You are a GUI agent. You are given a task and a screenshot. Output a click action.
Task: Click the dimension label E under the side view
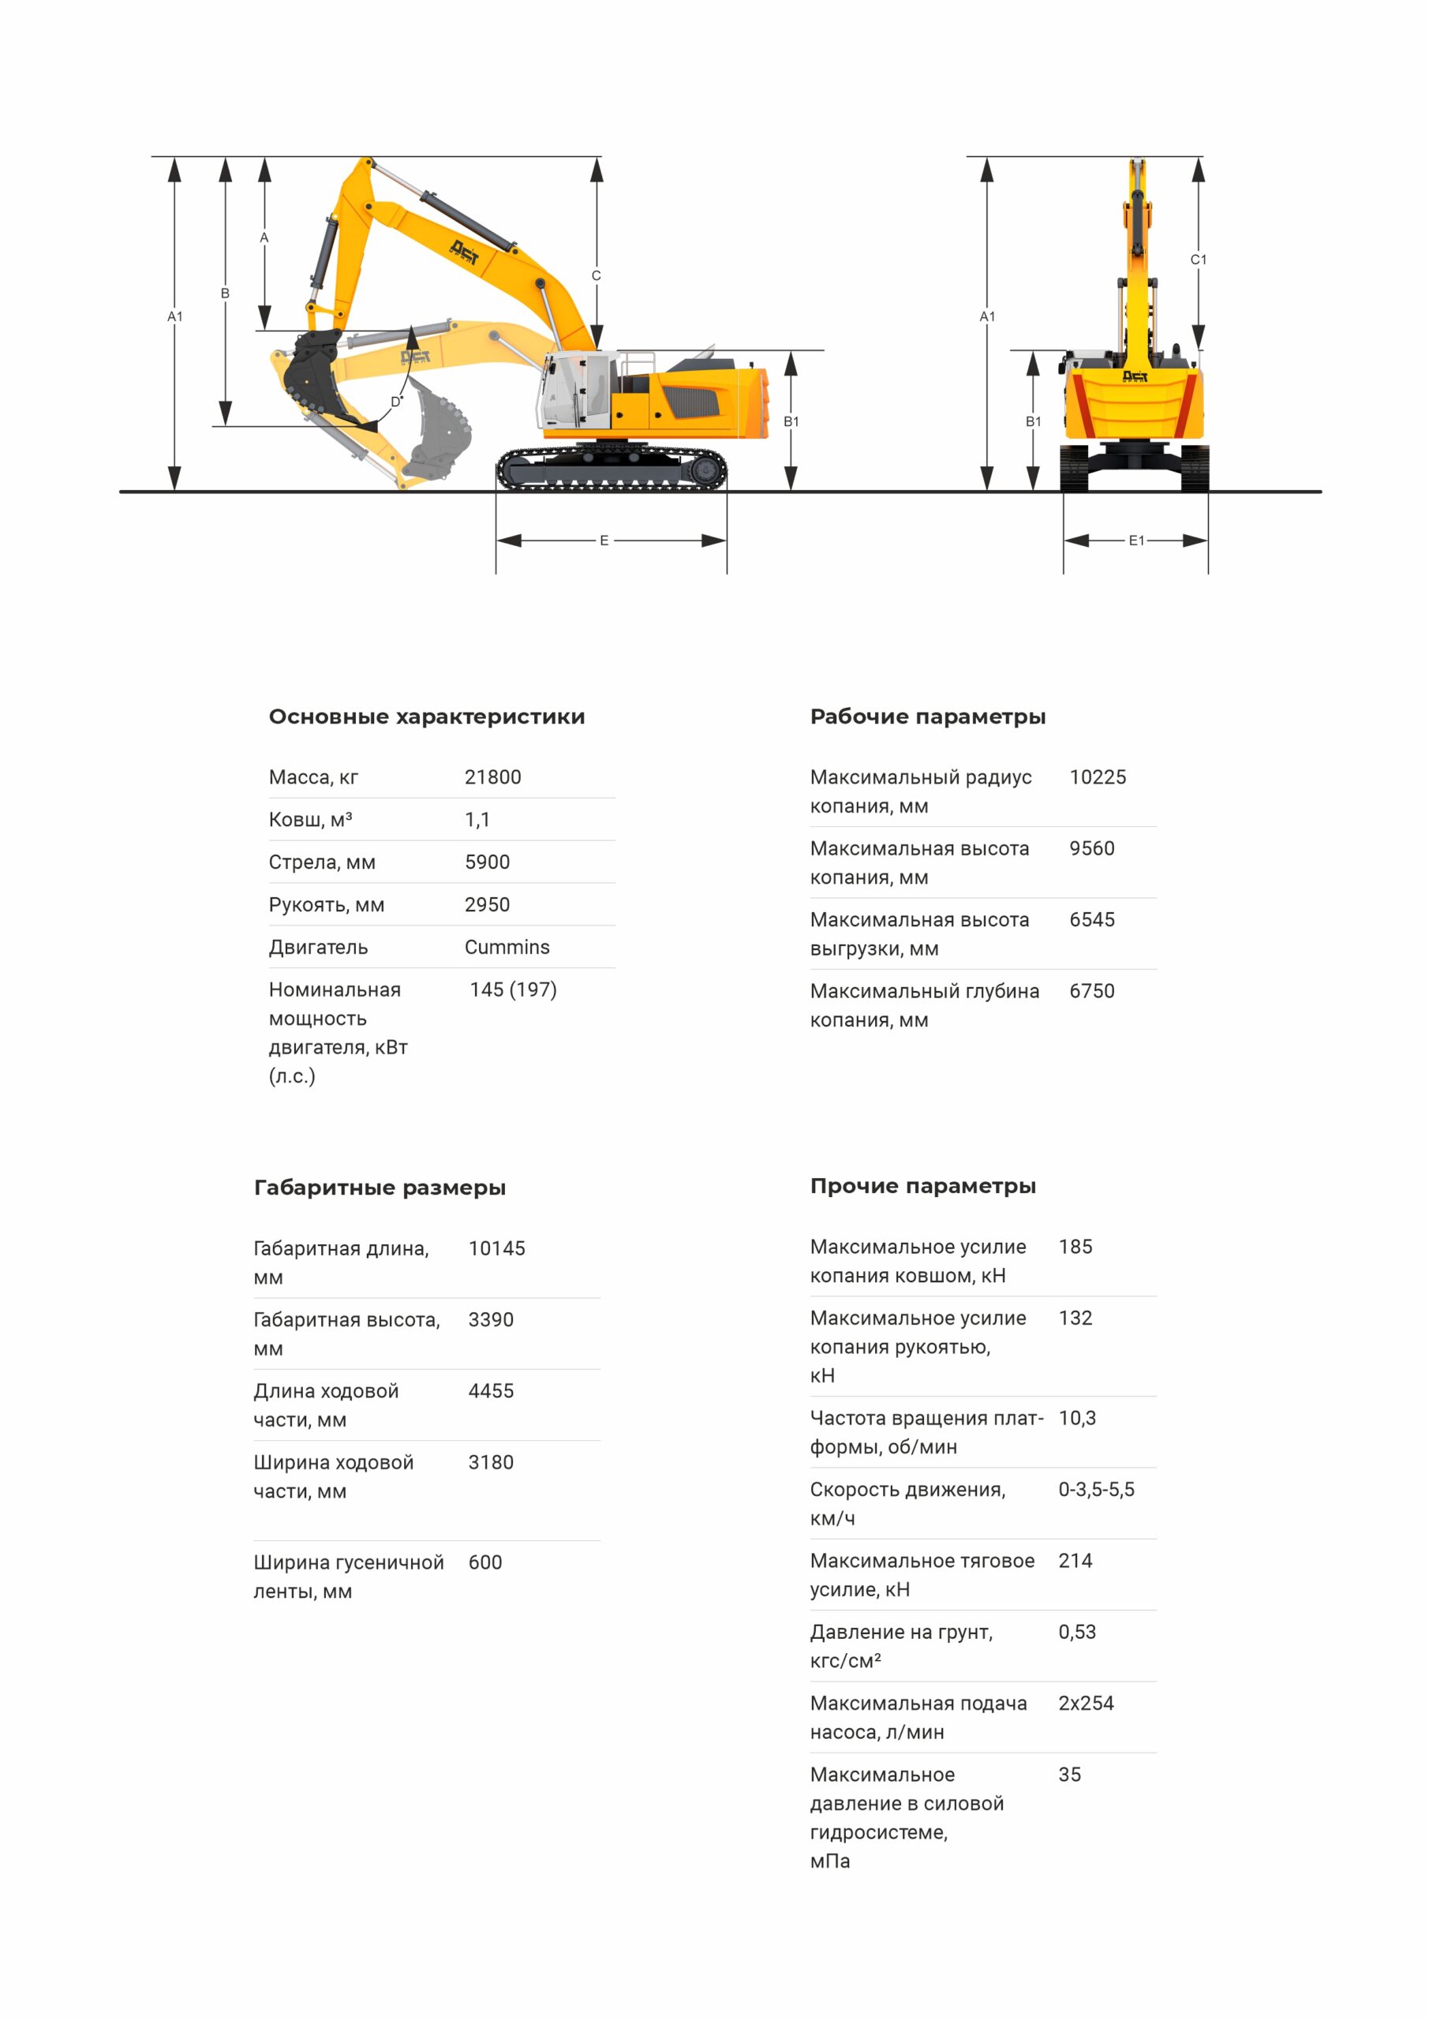pyautogui.click(x=604, y=541)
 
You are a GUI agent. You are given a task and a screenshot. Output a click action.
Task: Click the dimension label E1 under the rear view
pyautogui.click(x=1136, y=541)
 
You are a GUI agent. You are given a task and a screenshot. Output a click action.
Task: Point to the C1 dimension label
pyautogui.click(x=1198, y=260)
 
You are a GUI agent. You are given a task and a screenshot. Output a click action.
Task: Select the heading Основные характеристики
pyautogui.click(x=427, y=716)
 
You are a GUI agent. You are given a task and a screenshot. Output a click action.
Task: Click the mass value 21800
pyautogui.click(x=492, y=777)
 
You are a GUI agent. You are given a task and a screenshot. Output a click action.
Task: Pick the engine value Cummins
pyautogui.click(x=507, y=947)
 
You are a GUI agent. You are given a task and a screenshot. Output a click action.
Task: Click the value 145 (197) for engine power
pyautogui.click(x=513, y=989)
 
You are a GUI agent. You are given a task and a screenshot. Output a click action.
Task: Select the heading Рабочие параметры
pyautogui.click(x=927, y=716)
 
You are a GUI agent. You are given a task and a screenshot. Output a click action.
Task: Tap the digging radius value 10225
pyautogui.click(x=1098, y=777)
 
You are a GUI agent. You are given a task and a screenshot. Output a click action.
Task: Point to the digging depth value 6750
pyautogui.click(x=1091, y=990)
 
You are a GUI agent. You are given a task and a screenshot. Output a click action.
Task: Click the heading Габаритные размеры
pyautogui.click(x=380, y=1188)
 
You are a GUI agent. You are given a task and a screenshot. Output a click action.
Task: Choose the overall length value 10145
pyautogui.click(x=496, y=1248)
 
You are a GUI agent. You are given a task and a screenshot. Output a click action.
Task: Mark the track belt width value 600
pyautogui.click(x=484, y=1562)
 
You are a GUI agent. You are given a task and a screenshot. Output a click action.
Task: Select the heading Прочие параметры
pyautogui.click(x=922, y=1186)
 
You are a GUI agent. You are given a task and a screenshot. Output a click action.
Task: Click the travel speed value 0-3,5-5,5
pyautogui.click(x=1095, y=1490)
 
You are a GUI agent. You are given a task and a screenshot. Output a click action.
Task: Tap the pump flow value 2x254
pyautogui.click(x=1085, y=1704)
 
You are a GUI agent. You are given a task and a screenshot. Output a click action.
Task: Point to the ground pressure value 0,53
pyautogui.click(x=1076, y=1632)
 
